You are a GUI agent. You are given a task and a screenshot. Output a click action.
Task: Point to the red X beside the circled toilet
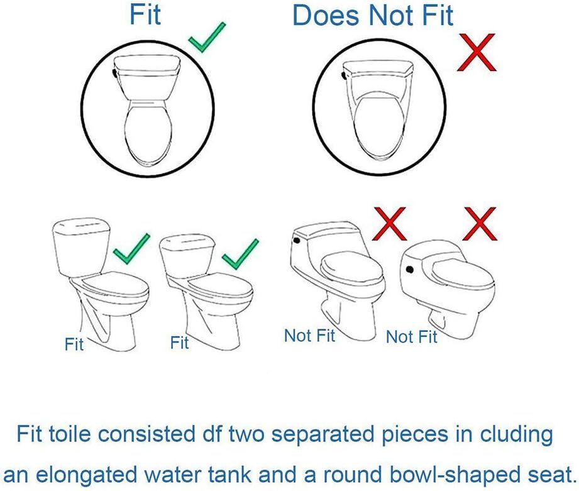(x=477, y=54)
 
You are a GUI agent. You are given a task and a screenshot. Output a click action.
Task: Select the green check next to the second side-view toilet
(x=241, y=253)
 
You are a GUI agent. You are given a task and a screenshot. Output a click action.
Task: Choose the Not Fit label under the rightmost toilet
(x=411, y=337)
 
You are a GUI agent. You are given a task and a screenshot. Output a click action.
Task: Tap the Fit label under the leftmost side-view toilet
(x=74, y=345)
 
